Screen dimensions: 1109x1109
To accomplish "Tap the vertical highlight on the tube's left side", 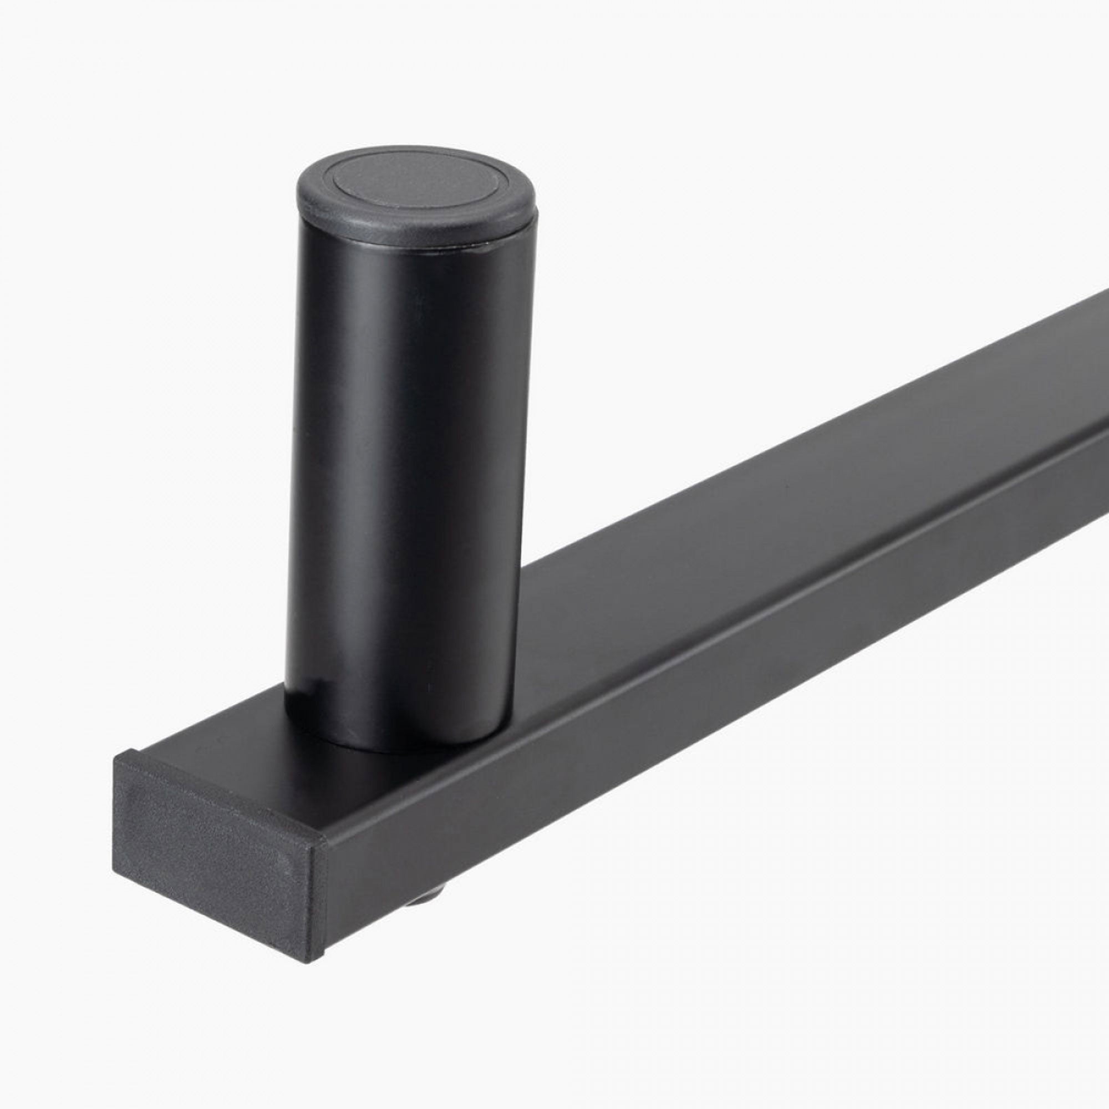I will (x=322, y=459).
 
